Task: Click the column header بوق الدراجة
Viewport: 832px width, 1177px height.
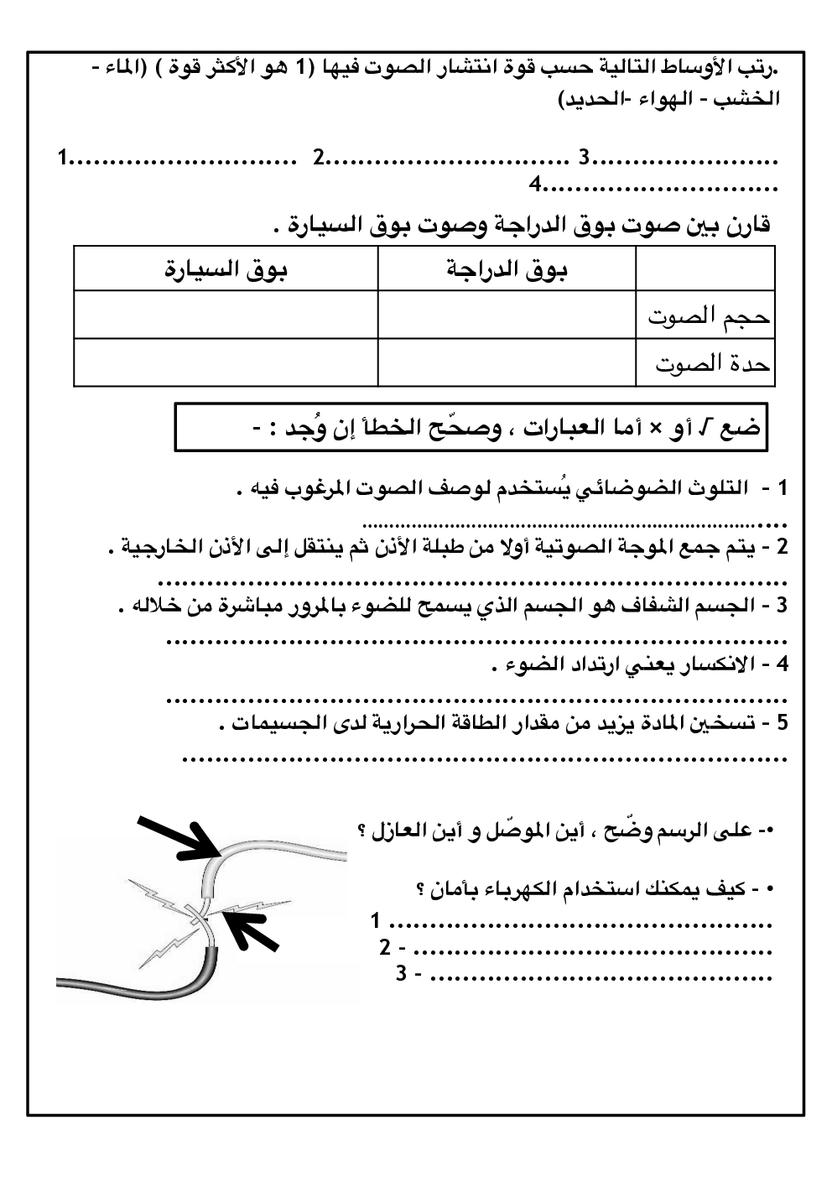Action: coord(507,270)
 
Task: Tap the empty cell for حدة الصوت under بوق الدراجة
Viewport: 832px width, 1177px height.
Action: coord(507,362)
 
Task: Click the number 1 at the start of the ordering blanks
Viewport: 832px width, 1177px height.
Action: coord(64,157)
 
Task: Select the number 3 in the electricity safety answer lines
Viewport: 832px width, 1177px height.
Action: coord(402,974)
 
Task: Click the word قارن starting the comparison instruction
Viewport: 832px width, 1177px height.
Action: coord(744,225)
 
